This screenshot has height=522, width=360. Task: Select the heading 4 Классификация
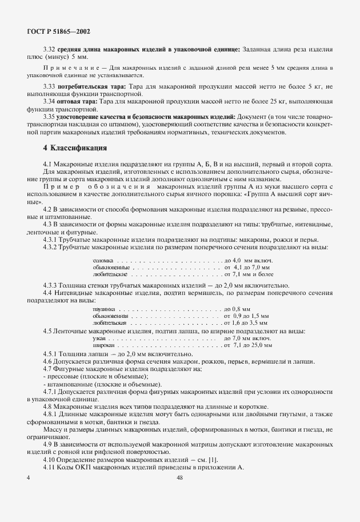click(75, 148)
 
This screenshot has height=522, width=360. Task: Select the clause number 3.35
click(49, 117)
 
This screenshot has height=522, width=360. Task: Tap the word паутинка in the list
click(103, 309)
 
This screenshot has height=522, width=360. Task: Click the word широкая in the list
click(102, 346)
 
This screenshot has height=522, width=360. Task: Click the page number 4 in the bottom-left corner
click(28, 478)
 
